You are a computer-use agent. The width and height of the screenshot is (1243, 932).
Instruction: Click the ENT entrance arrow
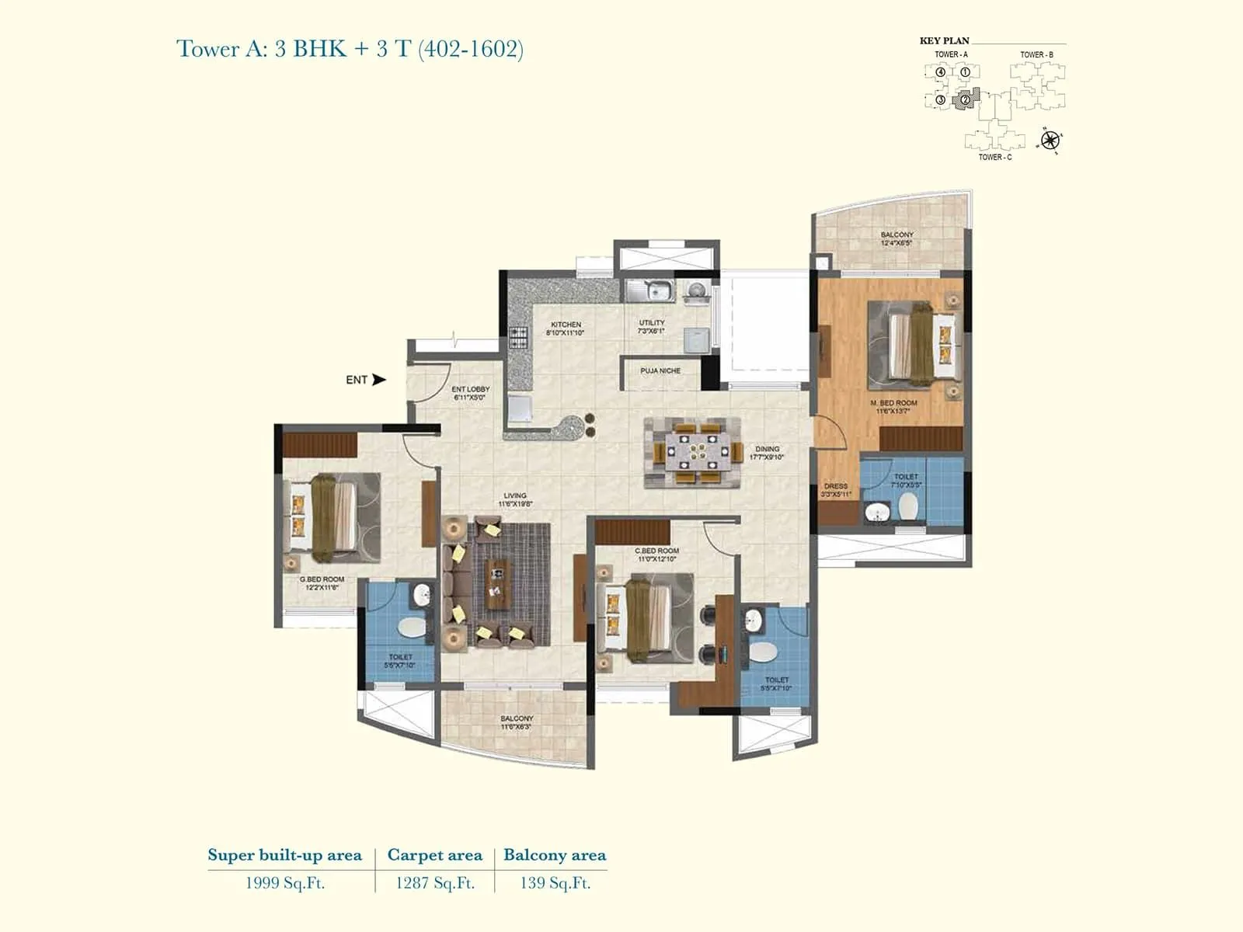[x=379, y=380]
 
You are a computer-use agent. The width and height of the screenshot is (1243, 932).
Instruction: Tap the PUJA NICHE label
[x=660, y=371]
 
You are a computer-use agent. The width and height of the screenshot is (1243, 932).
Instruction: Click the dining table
[x=692, y=451]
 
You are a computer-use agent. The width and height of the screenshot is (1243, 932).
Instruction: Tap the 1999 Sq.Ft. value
[x=284, y=883]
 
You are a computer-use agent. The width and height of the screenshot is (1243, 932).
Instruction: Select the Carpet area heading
[x=434, y=855]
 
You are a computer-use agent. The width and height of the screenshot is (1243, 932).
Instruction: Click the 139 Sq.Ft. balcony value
[x=555, y=883]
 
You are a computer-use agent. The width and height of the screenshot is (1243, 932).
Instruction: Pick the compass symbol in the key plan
[x=1050, y=141]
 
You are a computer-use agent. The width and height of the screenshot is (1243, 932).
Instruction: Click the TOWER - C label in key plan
[x=994, y=158]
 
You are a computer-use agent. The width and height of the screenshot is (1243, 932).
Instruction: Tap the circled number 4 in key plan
[x=941, y=72]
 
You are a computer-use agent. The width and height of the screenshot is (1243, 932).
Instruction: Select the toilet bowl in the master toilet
[x=907, y=506]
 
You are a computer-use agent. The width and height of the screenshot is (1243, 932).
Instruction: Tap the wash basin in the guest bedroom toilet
[x=422, y=596]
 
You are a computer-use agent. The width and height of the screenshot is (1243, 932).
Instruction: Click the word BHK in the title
[x=319, y=49]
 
